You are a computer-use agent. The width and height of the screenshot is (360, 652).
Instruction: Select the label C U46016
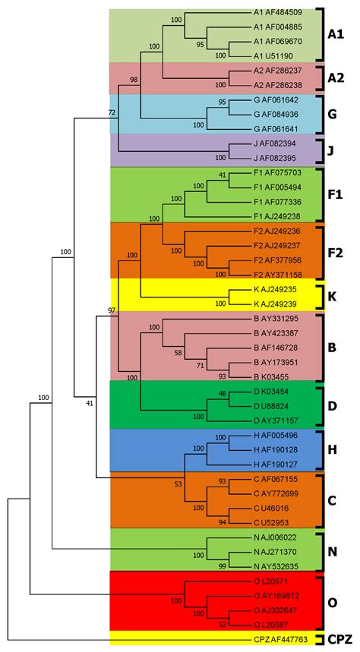278,508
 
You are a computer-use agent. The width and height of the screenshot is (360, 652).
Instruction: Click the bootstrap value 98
134,80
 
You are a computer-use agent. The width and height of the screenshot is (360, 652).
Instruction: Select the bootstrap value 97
113,310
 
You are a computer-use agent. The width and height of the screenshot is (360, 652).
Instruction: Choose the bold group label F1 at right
335,195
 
